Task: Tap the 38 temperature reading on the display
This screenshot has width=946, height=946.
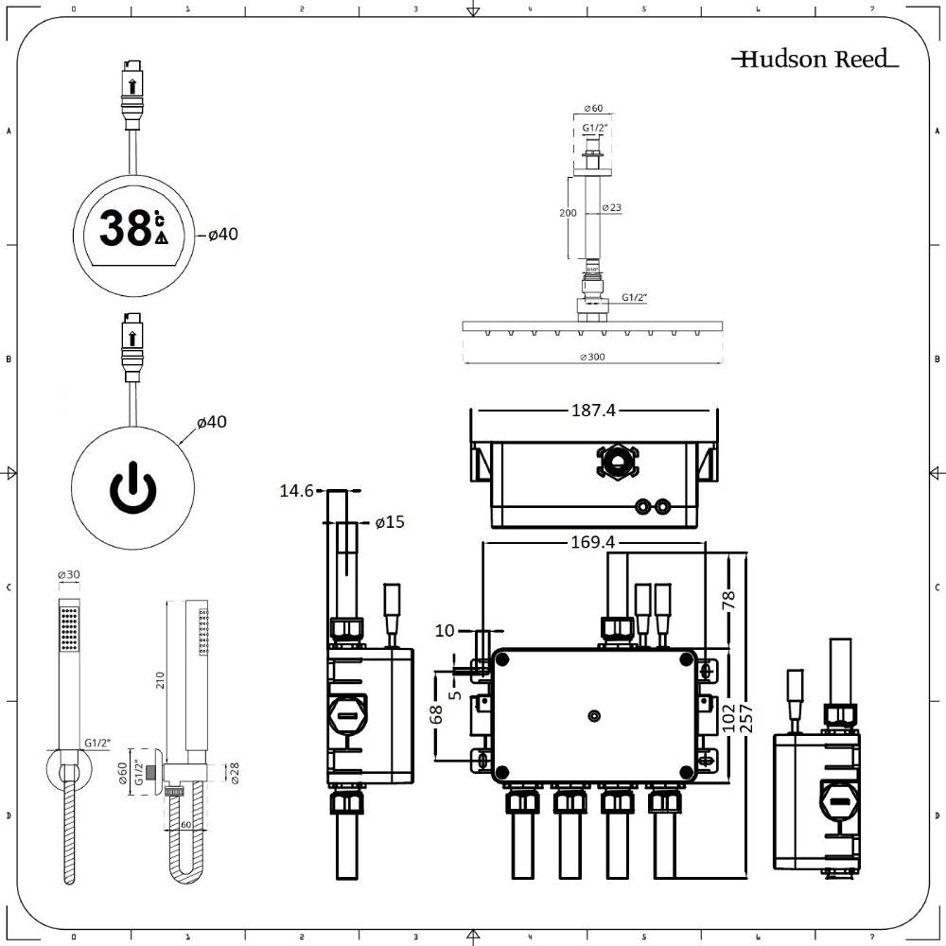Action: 126,229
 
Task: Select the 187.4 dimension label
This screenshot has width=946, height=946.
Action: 594,411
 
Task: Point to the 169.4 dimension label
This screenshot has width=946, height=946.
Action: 594,542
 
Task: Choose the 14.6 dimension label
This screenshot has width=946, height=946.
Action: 297,491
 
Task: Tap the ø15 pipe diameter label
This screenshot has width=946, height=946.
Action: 390,522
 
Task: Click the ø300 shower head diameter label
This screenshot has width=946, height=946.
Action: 594,357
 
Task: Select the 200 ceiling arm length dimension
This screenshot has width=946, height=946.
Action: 568,214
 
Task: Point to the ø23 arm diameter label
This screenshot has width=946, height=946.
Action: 611,208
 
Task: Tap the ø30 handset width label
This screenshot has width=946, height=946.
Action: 68,575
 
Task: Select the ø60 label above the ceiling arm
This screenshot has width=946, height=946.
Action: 594,108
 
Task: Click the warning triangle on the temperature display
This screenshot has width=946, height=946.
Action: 161,238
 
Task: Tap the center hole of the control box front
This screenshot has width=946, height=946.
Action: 594,715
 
